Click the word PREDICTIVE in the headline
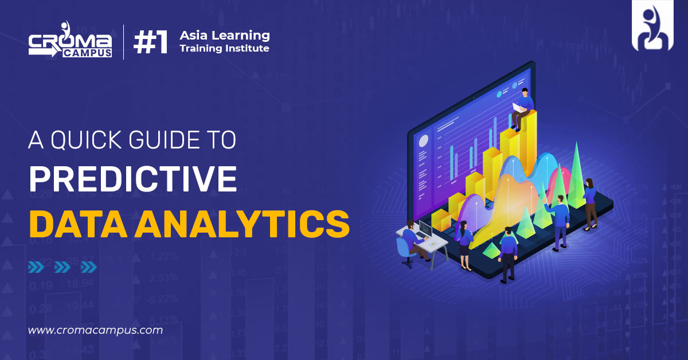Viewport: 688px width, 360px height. [132, 178]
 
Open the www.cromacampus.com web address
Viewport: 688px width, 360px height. [95, 330]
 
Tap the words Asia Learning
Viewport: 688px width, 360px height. [224, 36]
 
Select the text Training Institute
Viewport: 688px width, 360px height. [224, 49]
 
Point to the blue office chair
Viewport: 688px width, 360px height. [404, 251]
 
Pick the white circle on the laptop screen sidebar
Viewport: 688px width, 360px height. [424, 141]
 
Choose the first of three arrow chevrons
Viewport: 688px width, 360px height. [36, 267]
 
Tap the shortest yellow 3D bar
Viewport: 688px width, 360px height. [440, 220]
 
